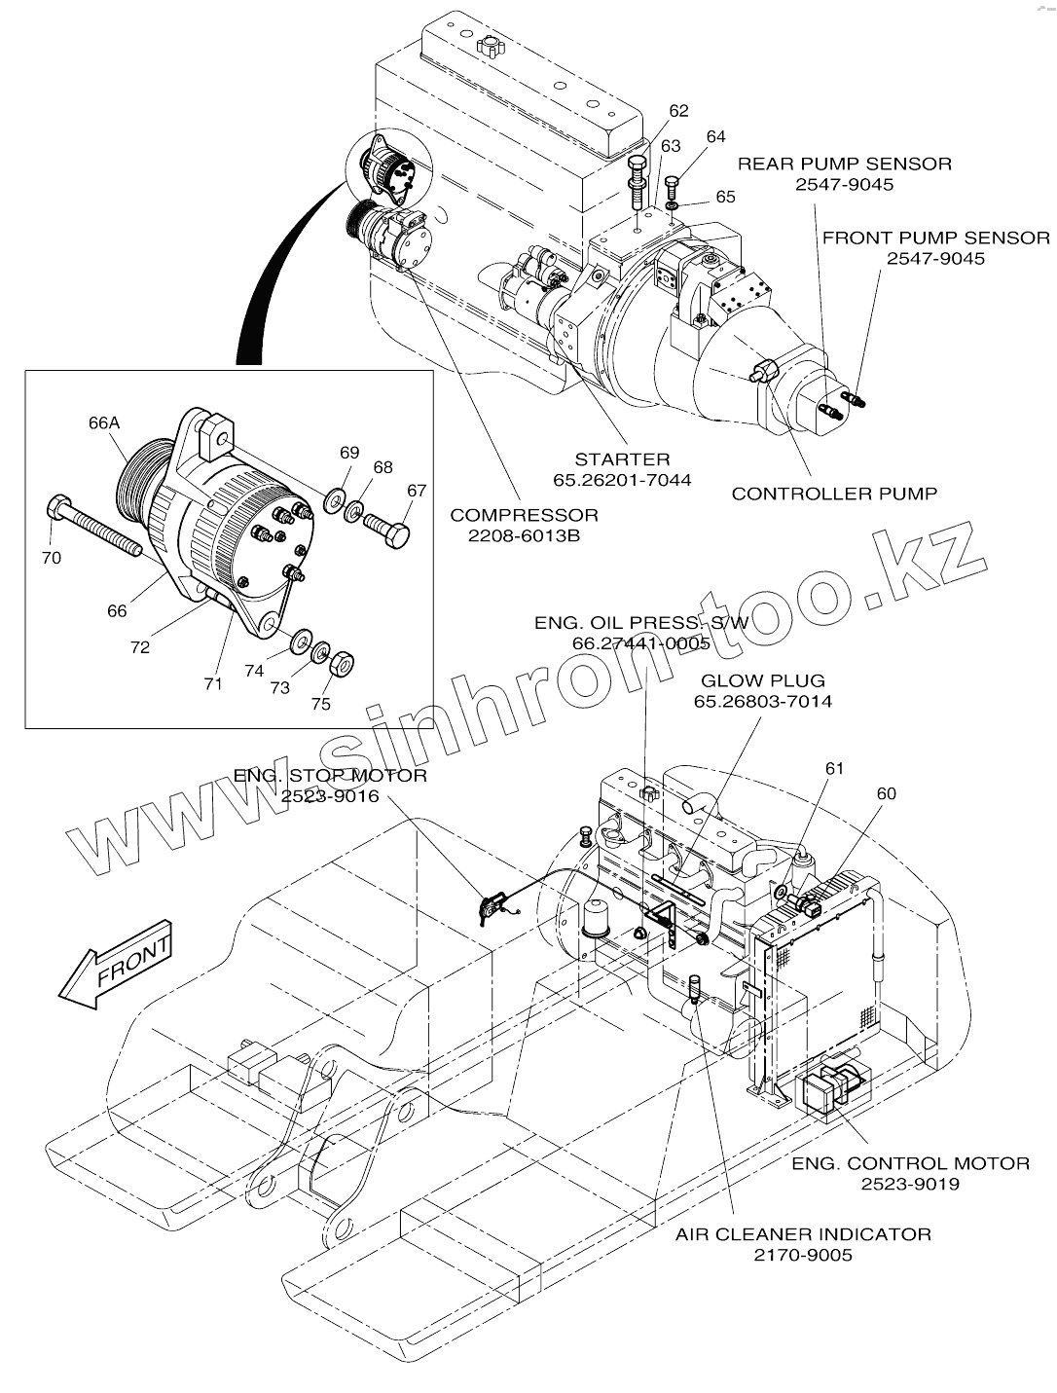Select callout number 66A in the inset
pos(103,422)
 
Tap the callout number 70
pos(51,558)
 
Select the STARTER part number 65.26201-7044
pos(622,479)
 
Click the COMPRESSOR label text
pos(524,515)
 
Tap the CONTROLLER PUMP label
pos(834,494)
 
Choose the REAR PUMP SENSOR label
pos(844,164)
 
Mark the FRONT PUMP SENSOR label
pos(935,238)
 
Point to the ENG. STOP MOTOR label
pos(330,776)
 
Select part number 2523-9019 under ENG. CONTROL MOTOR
pos(910,1184)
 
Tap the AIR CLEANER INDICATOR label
pos(803,1234)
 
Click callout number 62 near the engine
pos(678,110)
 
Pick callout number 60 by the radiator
pos(886,793)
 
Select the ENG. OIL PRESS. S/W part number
pos(640,643)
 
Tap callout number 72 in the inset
pos(141,646)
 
